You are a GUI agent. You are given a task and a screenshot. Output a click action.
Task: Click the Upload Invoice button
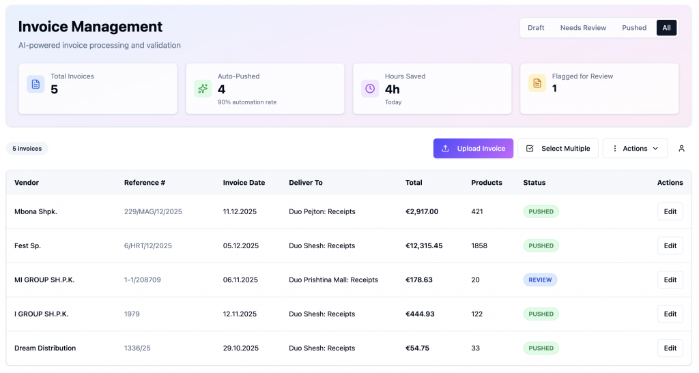pos(473,148)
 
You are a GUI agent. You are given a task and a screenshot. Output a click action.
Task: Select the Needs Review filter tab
pos(583,27)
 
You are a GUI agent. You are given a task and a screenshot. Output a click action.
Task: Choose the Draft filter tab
pos(536,27)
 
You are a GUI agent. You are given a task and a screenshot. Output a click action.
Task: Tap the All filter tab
pos(666,27)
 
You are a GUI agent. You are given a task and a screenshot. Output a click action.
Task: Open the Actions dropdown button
pos(635,148)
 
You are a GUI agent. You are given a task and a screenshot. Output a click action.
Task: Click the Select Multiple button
pos(558,148)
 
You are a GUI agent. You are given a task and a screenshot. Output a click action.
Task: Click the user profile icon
pos(681,148)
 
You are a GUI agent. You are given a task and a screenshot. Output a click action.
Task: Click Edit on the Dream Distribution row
pos(670,348)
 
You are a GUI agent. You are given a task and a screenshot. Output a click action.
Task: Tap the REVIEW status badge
pos(540,280)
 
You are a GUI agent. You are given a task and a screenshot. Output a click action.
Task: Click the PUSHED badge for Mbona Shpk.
pos(541,211)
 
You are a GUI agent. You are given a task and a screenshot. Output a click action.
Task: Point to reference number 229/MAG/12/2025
pos(153,211)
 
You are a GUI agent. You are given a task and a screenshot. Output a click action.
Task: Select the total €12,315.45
pos(424,245)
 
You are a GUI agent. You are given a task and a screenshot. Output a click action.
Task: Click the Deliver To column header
pos(305,183)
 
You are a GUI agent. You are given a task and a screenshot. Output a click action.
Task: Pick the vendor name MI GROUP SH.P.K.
pos(44,280)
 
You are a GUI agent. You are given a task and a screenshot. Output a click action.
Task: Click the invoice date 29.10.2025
pos(241,348)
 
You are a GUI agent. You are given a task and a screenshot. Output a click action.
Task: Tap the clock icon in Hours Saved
pos(370,89)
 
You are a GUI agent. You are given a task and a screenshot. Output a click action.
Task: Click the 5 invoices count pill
pos(27,148)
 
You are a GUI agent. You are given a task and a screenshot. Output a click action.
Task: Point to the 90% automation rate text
pos(247,102)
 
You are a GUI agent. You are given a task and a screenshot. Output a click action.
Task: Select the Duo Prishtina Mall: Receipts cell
pos(333,280)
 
